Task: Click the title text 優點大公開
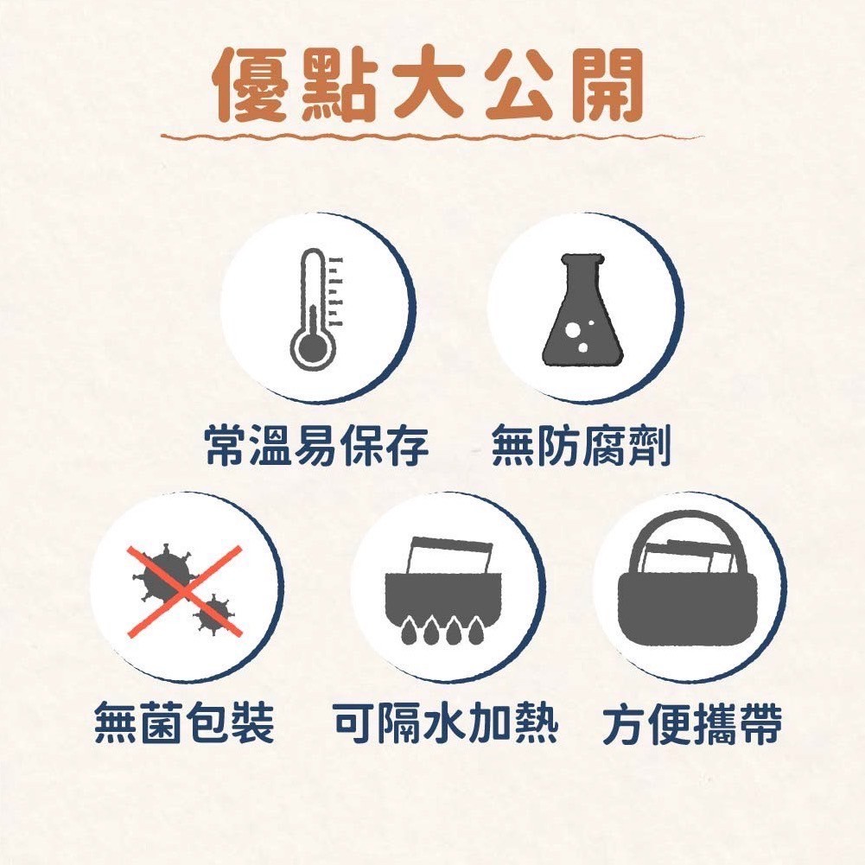coord(429,85)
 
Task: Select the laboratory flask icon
coord(582,309)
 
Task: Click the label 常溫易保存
coord(316,445)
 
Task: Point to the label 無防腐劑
coord(581,445)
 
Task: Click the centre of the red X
coord(185,591)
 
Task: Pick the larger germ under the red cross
coord(166,574)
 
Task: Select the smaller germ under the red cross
coord(214,614)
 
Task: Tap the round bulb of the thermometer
coord(313,348)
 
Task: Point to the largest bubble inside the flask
coord(573,329)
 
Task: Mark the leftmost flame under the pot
coord(409,631)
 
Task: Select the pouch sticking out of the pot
coord(449,555)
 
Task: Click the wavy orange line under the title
coord(432,136)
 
